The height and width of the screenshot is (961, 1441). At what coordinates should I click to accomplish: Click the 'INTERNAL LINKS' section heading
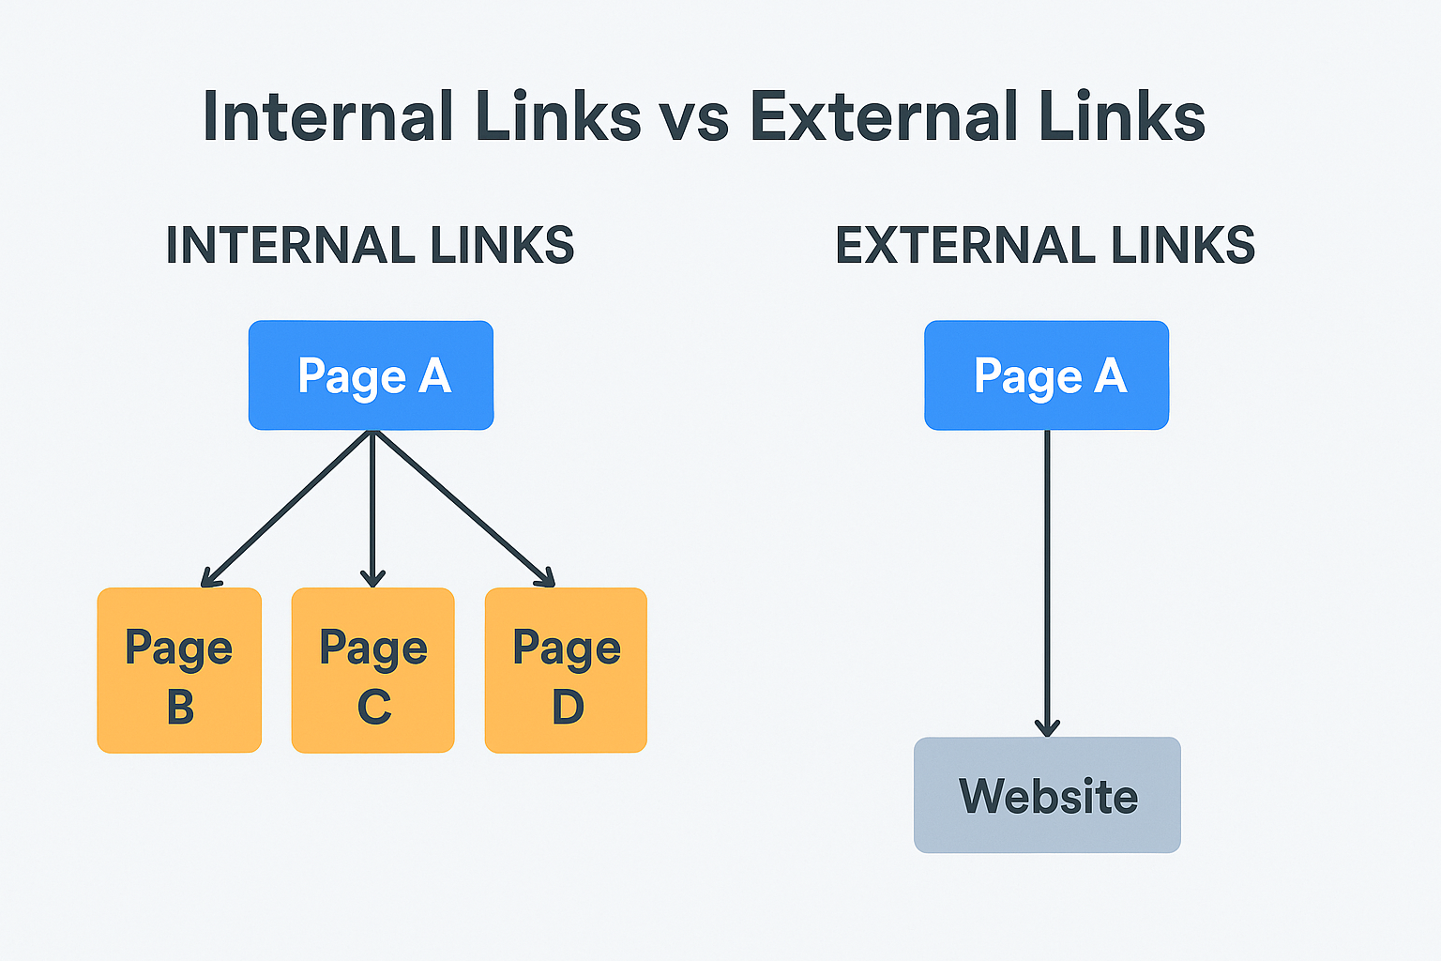(370, 246)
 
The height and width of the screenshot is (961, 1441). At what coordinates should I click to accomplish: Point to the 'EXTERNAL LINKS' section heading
(1045, 246)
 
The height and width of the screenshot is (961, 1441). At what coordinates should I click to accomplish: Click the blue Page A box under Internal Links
(371, 375)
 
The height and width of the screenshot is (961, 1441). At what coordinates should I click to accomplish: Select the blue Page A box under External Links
(1047, 375)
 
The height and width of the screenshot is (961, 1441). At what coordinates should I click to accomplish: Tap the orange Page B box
(179, 670)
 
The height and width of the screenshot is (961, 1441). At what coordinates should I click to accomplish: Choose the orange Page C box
(373, 670)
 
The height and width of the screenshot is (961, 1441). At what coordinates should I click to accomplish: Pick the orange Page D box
(566, 670)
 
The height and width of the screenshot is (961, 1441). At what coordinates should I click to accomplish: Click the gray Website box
(1047, 795)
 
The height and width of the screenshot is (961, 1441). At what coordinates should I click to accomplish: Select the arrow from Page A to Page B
(286, 509)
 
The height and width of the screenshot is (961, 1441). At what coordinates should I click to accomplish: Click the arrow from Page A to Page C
(373, 507)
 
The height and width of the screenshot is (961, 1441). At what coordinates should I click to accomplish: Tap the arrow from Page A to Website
(1047, 582)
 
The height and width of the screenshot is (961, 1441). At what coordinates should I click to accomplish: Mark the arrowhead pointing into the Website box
(1047, 727)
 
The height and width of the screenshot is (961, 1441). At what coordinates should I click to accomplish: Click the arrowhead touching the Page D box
(544, 576)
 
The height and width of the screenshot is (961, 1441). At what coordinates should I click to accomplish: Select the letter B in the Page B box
(180, 707)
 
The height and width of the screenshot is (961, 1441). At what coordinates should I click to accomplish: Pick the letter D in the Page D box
(568, 707)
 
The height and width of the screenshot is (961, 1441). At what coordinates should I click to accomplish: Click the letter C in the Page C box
(374, 707)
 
